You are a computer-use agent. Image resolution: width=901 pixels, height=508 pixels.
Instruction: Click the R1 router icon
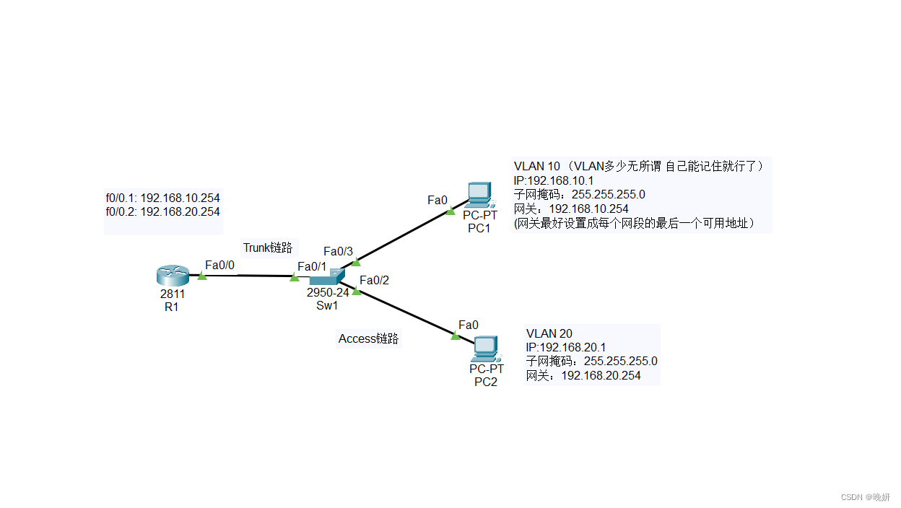pyautogui.click(x=172, y=276)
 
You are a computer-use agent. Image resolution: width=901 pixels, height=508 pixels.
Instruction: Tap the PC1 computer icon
pyautogui.click(x=479, y=195)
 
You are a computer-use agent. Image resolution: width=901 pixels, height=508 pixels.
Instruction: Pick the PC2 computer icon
pyautogui.click(x=486, y=349)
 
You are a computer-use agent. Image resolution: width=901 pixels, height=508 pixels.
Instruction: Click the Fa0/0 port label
pyautogui.click(x=219, y=266)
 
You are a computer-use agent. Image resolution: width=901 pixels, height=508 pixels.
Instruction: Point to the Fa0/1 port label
pyautogui.click(x=312, y=266)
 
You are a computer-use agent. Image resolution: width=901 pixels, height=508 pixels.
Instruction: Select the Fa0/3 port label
pyautogui.click(x=338, y=251)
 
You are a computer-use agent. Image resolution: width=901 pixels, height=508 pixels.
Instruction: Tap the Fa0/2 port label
pyautogui.click(x=374, y=280)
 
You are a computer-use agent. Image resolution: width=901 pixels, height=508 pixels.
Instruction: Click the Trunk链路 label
pyautogui.click(x=268, y=248)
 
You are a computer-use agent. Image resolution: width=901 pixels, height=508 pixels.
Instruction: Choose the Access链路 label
pyautogui.click(x=368, y=338)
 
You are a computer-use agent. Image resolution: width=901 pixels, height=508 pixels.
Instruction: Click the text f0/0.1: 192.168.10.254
pyautogui.click(x=162, y=198)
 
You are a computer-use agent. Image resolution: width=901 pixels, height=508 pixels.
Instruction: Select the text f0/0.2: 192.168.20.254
pyautogui.click(x=162, y=211)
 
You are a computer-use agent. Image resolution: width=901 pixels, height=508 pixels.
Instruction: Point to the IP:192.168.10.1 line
pyautogui.click(x=553, y=180)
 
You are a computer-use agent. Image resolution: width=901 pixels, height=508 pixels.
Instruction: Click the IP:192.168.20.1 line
pyautogui.click(x=566, y=347)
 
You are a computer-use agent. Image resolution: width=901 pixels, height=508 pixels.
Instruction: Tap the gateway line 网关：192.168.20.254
pyautogui.click(x=583, y=375)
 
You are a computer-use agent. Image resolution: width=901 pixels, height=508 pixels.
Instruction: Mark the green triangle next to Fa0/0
pyautogui.click(x=202, y=276)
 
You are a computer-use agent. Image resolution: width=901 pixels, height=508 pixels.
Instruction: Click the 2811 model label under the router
pyautogui.click(x=173, y=294)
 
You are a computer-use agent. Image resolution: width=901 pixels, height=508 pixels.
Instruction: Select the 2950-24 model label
pyautogui.click(x=328, y=292)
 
